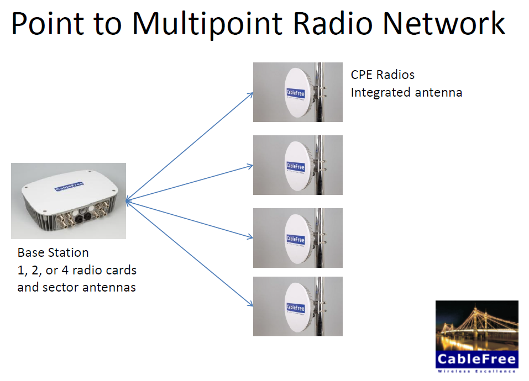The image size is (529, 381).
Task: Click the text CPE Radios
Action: click(383, 75)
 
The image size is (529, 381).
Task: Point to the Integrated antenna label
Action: click(406, 92)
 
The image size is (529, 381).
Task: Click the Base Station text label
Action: click(53, 253)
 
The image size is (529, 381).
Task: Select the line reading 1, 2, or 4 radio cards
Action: click(77, 270)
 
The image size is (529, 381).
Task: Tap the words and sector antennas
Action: click(76, 287)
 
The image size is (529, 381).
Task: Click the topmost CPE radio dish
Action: click(296, 92)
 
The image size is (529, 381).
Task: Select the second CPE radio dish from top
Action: click(296, 165)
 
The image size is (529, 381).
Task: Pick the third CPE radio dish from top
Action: click(296, 238)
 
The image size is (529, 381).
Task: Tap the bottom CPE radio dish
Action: click(296, 306)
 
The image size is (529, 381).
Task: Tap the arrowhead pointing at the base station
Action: click(128, 202)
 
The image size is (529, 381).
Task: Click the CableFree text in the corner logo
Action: click(476, 360)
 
